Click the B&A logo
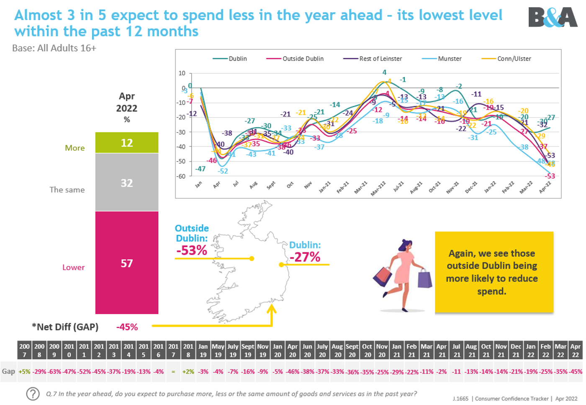553,18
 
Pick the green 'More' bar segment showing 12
127,143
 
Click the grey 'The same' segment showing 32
127,183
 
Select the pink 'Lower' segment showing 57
127,263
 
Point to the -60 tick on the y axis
181,176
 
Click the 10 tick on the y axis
182,73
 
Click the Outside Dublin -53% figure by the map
192,250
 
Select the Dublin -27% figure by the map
305,256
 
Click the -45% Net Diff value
127,327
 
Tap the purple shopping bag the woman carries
424,278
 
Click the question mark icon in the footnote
33,394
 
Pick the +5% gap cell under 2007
24,372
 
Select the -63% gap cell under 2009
54,372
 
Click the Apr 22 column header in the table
575,351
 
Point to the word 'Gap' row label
8,372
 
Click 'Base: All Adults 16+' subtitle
54,48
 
